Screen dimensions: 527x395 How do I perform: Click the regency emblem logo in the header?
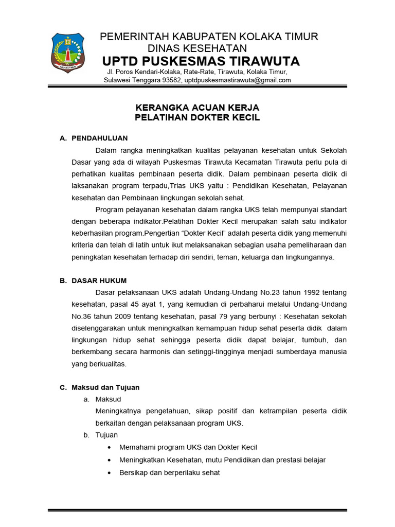coord(68,53)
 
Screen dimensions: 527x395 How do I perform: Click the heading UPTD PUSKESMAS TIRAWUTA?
coord(201,61)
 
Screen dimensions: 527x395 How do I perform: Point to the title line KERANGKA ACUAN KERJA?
coord(197,108)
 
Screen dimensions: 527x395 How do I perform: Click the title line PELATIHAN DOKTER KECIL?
coord(197,118)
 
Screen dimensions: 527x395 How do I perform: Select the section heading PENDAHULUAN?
coord(100,138)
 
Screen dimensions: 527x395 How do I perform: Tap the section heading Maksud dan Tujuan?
coord(105,388)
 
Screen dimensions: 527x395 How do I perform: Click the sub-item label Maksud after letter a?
coord(108,399)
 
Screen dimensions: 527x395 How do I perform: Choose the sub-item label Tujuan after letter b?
coord(106,435)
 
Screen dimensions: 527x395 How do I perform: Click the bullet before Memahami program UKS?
coord(110,448)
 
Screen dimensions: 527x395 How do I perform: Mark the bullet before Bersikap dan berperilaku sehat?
coord(110,472)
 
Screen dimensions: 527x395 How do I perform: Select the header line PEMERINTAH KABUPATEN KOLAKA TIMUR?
coord(209,37)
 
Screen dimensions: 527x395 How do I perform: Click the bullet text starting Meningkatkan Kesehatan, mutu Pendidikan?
coord(222,460)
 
